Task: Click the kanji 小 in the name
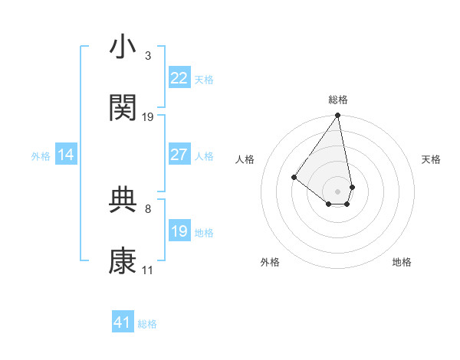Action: (123, 47)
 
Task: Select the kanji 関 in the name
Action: (123, 108)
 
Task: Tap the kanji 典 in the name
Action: (123, 200)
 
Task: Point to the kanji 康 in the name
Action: (123, 261)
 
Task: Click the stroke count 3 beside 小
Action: (147, 56)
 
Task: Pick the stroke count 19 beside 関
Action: (148, 117)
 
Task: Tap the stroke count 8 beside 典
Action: (147, 208)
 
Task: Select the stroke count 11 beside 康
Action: (148, 270)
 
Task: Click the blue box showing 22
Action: (179, 78)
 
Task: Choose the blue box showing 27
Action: (179, 155)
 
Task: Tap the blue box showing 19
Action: (179, 231)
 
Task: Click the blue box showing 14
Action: (66, 155)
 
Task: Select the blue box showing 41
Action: (123, 322)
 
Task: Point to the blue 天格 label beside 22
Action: (204, 80)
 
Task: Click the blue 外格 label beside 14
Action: (41, 156)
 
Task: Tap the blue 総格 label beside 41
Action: (147, 324)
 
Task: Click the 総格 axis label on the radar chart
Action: (338, 100)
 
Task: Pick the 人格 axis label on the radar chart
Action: (245, 159)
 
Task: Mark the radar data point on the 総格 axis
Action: (337, 116)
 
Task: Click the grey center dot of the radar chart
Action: (337, 191)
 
